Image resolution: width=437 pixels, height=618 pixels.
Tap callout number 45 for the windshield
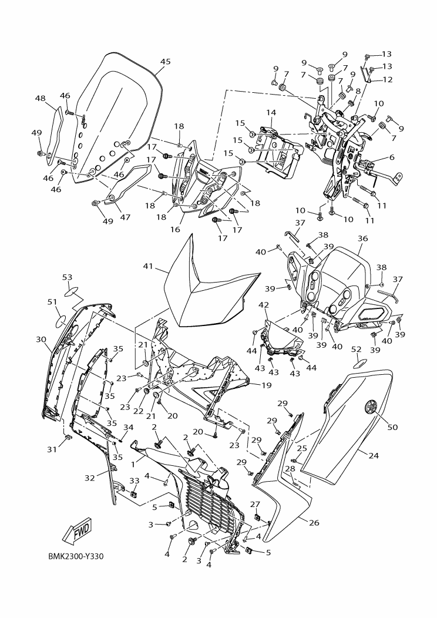point(165,62)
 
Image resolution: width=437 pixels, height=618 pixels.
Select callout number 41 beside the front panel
point(148,266)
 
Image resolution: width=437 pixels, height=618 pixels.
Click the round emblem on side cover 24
point(371,405)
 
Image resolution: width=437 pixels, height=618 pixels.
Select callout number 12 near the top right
point(388,79)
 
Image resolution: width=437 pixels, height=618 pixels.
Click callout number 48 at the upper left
point(40,99)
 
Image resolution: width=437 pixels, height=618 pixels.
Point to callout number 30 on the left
point(41,340)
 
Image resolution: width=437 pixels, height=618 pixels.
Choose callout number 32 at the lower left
point(89,478)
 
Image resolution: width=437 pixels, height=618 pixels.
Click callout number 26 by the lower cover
point(314,523)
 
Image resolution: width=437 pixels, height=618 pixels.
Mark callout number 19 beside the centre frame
point(266,385)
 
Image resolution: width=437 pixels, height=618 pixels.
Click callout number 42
point(264,305)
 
